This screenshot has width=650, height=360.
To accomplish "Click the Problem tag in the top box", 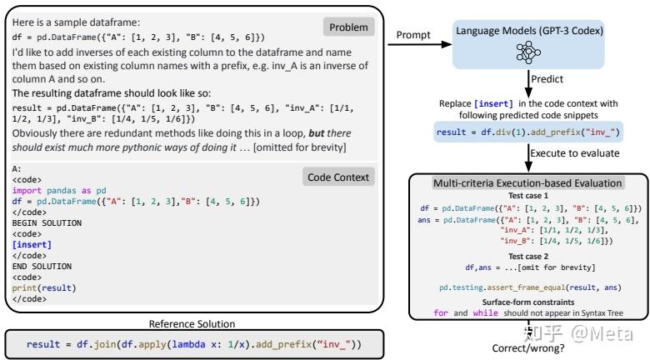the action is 348,27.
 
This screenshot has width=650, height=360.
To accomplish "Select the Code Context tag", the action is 337,177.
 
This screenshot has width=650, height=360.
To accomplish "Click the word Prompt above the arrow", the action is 412,34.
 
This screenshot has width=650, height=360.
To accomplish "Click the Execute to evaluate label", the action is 572,152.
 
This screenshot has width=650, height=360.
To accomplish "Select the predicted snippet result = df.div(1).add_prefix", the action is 528,132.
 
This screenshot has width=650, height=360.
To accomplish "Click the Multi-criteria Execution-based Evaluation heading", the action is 528,182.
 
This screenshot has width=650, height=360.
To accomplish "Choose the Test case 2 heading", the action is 528,256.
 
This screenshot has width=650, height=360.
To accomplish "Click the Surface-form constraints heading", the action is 528,302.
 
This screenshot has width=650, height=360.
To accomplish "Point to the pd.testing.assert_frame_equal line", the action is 528,287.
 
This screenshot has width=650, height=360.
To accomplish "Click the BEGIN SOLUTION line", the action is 47,222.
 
